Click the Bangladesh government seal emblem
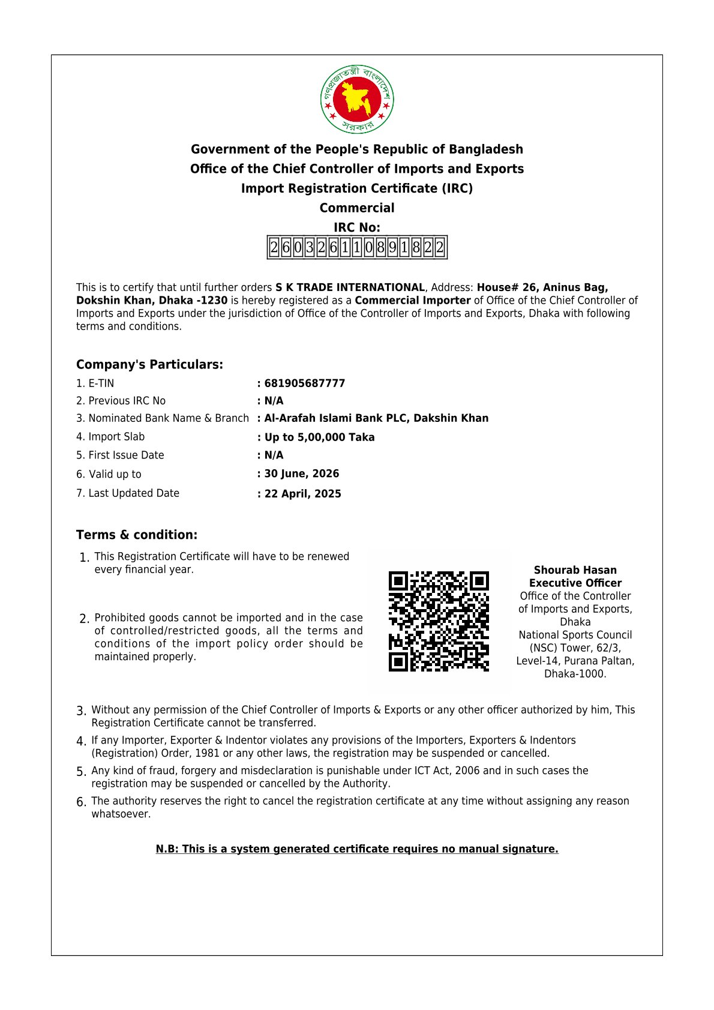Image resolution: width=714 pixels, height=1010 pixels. pos(357,99)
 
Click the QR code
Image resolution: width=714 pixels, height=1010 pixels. pos(439,621)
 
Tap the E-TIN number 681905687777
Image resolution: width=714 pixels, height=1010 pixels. pos(305,383)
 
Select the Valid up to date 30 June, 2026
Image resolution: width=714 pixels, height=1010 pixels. pos(302,473)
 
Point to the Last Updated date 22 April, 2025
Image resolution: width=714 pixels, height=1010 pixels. pos(303,494)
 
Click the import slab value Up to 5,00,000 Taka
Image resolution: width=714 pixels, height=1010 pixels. pos(319,437)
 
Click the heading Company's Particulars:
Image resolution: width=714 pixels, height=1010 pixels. pos(149,365)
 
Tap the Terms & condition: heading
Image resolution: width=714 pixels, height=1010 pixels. pos(137,535)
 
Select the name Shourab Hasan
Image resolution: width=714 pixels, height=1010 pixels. pos(575,570)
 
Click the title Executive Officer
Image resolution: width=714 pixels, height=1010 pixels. pos(575,583)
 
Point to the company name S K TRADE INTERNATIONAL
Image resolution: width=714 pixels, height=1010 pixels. pos(350,287)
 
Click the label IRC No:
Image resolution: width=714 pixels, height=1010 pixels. pos(357,227)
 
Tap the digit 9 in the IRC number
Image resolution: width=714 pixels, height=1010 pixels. pos(392,247)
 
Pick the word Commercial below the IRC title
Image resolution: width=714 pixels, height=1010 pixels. pos(357,208)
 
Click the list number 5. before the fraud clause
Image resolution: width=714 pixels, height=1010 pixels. pos(82,772)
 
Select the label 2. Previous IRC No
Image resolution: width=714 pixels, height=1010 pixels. pos(121,401)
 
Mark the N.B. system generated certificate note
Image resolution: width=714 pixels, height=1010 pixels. pos(357,849)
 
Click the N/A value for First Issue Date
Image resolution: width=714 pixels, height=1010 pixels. pos(274,455)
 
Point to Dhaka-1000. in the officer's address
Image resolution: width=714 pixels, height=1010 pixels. pos(575,674)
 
